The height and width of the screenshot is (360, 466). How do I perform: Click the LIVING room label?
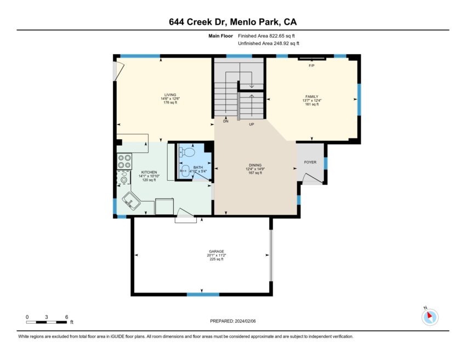[x=171, y=95]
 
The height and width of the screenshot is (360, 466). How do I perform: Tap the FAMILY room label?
[x=312, y=96]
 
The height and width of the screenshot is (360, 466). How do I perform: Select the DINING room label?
[x=255, y=165]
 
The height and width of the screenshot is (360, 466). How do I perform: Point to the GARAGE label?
[x=217, y=252]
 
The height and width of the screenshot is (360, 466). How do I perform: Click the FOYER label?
[x=310, y=162]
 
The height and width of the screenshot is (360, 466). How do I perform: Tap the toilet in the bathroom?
[x=187, y=152]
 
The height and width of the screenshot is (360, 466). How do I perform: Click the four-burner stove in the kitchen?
[x=124, y=161]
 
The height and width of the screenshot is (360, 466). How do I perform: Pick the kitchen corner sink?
[x=131, y=201]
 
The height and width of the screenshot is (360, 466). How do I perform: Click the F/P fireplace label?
[x=311, y=65]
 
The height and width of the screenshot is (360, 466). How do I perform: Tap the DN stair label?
[x=226, y=121]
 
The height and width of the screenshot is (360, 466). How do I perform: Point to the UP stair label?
[x=252, y=124]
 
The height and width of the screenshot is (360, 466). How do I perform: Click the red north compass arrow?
[x=430, y=315]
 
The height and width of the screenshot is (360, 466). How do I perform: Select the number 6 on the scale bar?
[x=66, y=317]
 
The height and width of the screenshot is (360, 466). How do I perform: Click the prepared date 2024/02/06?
[x=245, y=321]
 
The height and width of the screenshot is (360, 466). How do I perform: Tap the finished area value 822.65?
[x=277, y=36]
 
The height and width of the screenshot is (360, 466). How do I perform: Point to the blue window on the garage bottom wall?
[x=203, y=294]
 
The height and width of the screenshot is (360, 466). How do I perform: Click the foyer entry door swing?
[x=312, y=179]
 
